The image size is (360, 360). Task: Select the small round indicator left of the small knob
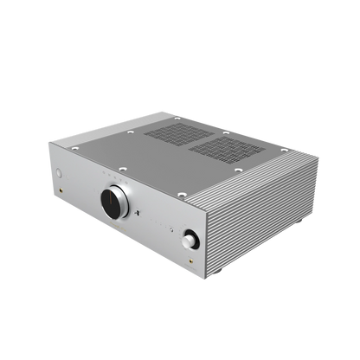click(x=177, y=227)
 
